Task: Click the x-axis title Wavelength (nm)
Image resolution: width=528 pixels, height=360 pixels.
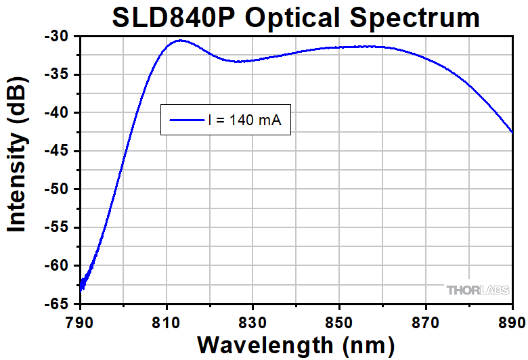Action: pyautogui.click(x=295, y=344)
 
